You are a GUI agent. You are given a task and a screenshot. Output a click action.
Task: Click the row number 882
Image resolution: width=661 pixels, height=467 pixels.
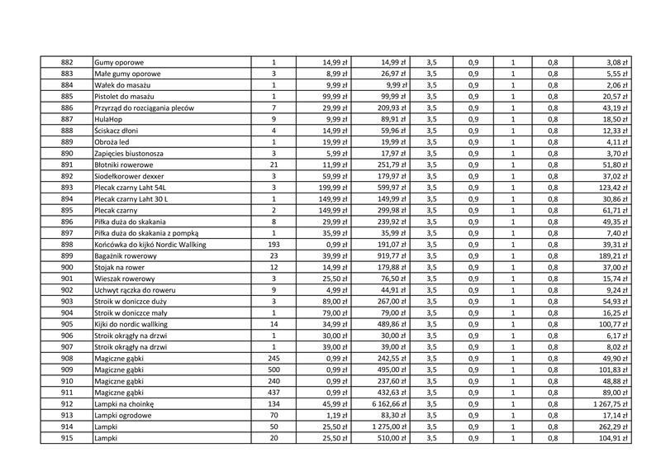click(67, 63)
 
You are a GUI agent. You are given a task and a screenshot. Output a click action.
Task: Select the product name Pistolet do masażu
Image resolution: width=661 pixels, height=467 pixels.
click(126, 97)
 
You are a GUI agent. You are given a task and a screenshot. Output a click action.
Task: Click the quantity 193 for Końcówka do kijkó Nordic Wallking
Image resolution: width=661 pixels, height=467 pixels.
click(273, 245)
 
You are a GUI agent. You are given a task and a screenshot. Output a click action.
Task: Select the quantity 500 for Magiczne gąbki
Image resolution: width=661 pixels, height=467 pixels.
click(273, 370)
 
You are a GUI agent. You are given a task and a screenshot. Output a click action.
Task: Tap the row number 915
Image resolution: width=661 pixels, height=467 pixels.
click(67, 439)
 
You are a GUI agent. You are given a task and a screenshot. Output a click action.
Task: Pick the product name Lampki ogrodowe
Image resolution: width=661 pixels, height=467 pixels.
click(123, 416)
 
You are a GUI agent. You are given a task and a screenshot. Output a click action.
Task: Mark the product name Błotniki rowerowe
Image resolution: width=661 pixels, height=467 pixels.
click(126, 165)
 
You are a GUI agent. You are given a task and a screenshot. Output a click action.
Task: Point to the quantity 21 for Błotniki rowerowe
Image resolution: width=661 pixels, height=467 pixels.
click(273, 165)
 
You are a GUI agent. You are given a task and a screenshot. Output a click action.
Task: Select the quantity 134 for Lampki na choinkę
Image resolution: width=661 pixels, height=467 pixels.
click(273, 404)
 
